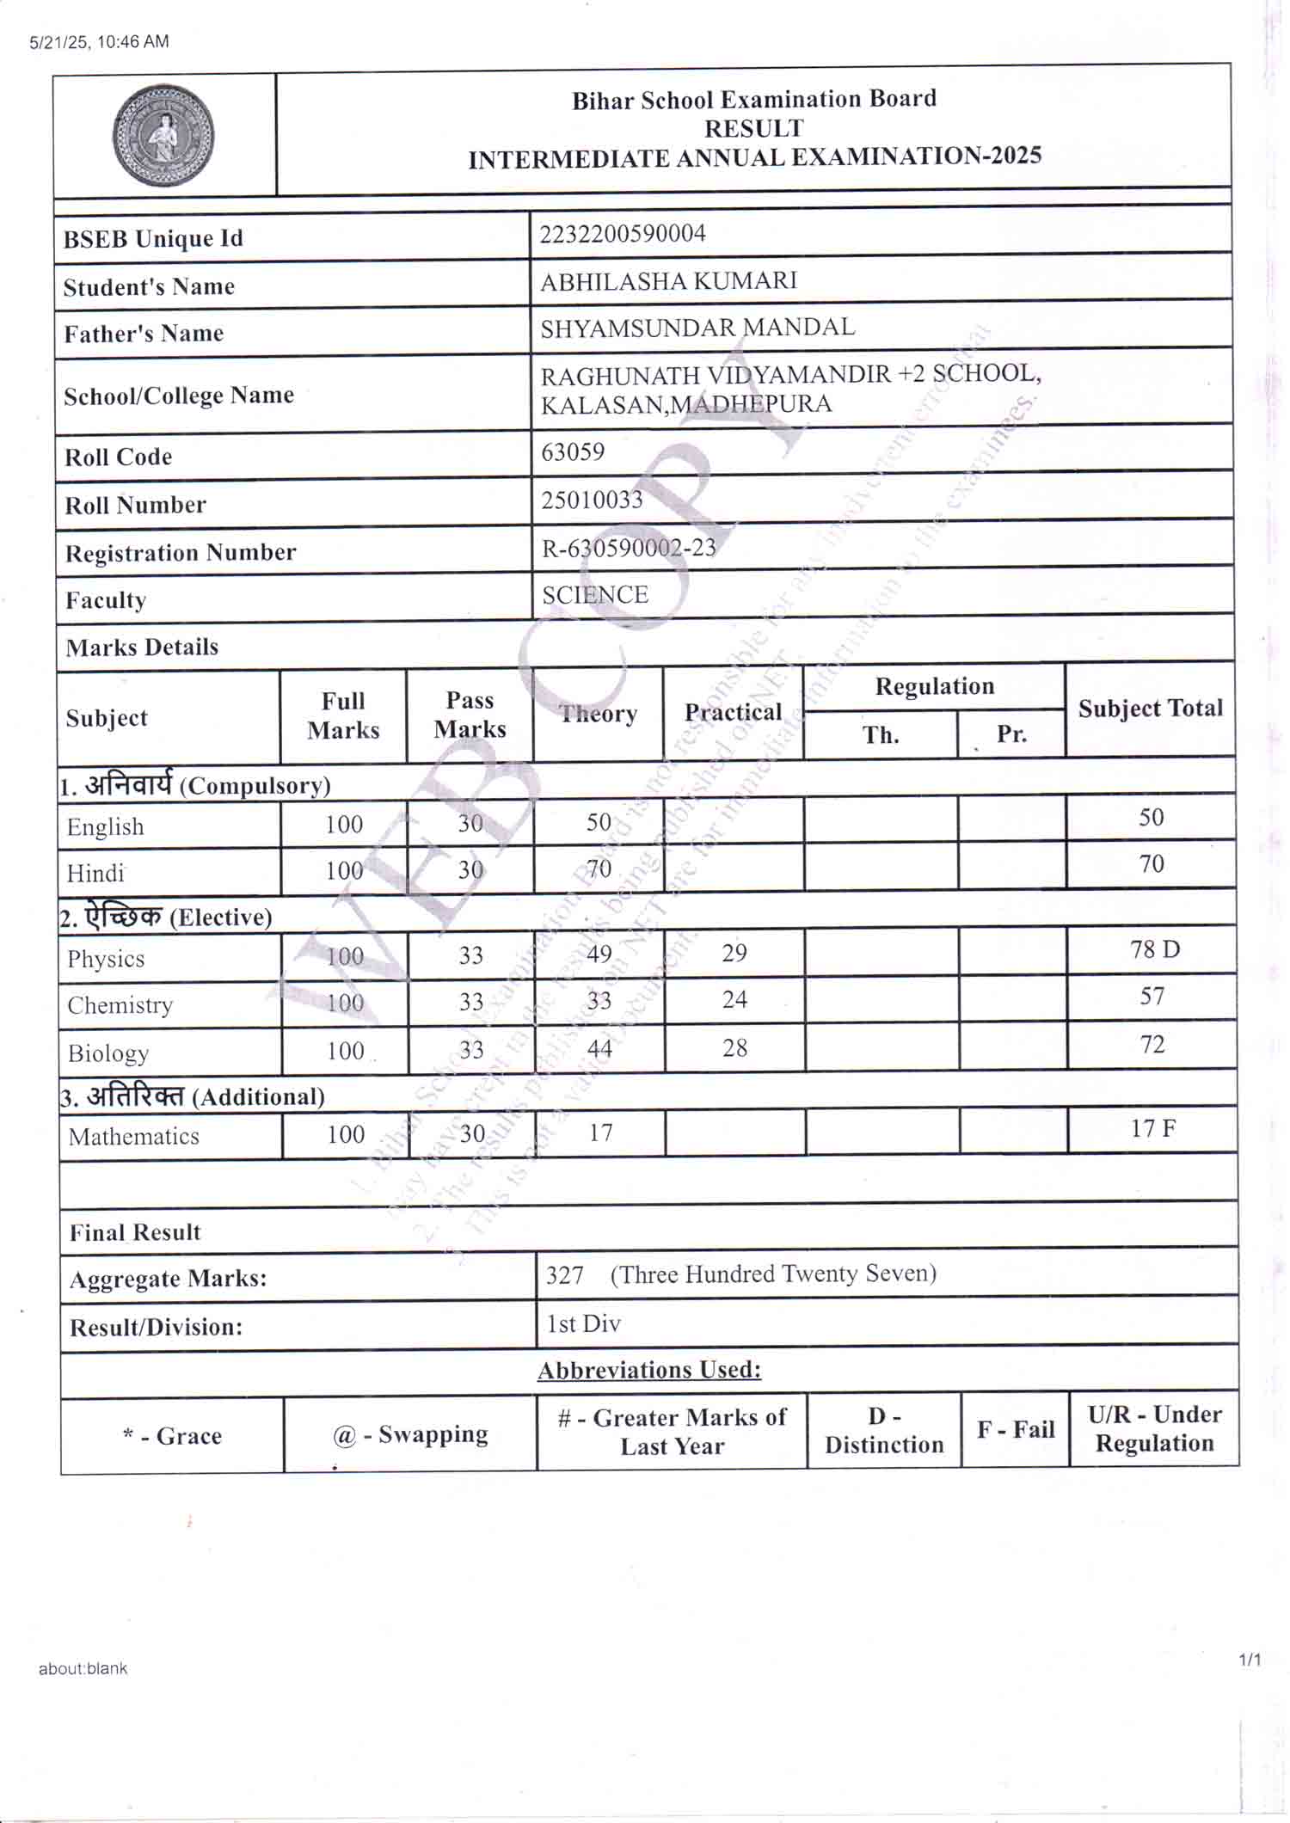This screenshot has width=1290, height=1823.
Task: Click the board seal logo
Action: pyautogui.click(x=163, y=135)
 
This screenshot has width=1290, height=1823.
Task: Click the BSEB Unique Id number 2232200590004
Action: pyautogui.click(x=623, y=234)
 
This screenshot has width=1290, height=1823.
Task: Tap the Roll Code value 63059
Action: pyautogui.click(x=573, y=451)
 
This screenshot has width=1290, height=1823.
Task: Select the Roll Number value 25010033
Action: pyautogui.click(x=592, y=500)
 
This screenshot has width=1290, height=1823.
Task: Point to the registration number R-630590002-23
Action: pyautogui.click(x=629, y=548)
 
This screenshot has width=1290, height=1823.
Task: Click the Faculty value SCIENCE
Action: pyautogui.click(x=595, y=595)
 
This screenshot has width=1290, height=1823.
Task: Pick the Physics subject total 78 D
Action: pyautogui.click(x=1154, y=949)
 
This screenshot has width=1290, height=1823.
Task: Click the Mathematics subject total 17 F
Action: pyautogui.click(x=1152, y=1128)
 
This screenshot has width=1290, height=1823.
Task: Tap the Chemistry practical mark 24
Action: pyautogui.click(x=734, y=999)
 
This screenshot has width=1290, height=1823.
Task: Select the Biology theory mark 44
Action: pyautogui.click(x=599, y=1048)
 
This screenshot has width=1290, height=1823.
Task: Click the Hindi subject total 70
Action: pyautogui.click(x=1152, y=863)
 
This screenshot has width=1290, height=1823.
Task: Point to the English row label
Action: pyautogui.click(x=106, y=827)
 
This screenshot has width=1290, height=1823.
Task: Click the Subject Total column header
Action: pyautogui.click(x=1151, y=709)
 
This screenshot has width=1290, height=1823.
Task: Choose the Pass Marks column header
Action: pyautogui.click(x=470, y=715)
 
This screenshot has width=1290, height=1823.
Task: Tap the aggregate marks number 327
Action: pyautogui.click(x=565, y=1274)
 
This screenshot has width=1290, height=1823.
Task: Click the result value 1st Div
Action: pyautogui.click(x=584, y=1323)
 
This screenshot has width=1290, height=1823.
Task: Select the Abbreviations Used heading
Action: pyautogui.click(x=649, y=1370)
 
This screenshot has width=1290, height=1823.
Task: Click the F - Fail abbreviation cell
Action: pyautogui.click(x=1016, y=1429)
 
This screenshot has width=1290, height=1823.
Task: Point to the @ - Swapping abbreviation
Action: pyautogui.click(x=410, y=1434)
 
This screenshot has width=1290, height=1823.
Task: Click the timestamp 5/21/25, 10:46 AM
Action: pyautogui.click(x=100, y=41)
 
